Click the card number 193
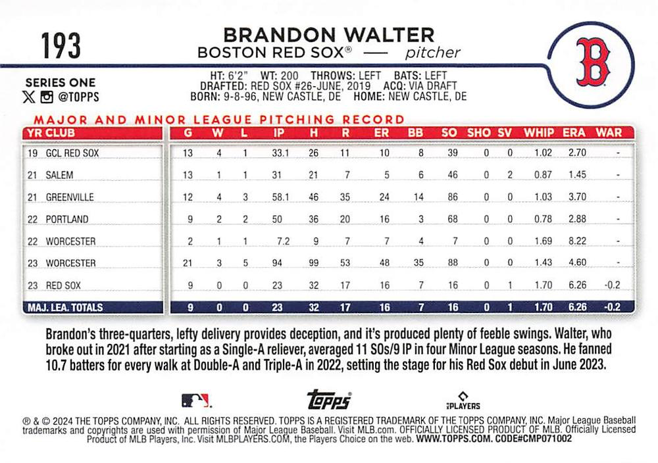click(61, 46)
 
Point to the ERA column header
click(574, 132)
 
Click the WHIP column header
click(539, 132)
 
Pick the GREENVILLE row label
click(70, 197)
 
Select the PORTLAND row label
click(66, 219)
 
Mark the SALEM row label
click(59, 175)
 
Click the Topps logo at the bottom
click(329, 400)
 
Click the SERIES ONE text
click(60, 83)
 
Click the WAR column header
click(608, 132)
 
